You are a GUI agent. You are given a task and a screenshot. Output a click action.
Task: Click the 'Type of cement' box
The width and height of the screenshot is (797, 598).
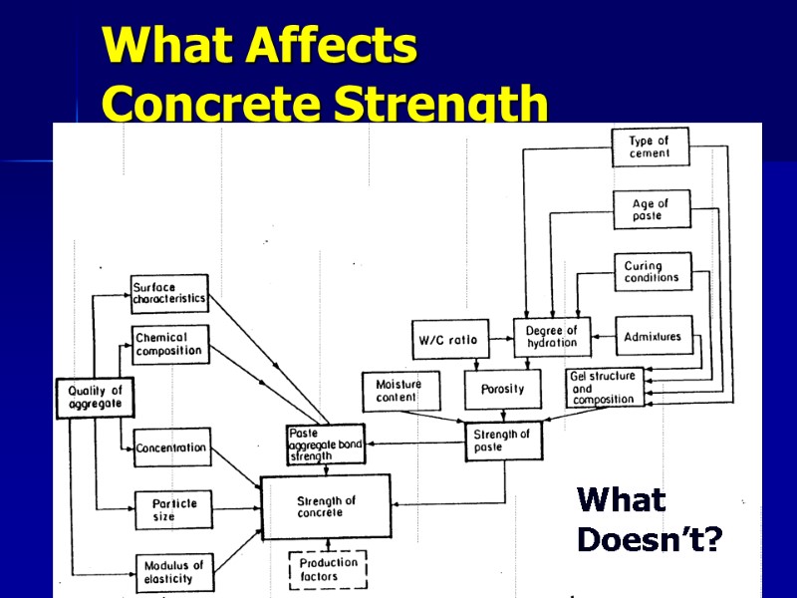[650, 149]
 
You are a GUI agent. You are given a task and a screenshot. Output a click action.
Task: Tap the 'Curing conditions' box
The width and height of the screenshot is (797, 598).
[652, 272]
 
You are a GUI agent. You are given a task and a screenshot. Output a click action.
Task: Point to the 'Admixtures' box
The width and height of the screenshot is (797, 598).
[653, 337]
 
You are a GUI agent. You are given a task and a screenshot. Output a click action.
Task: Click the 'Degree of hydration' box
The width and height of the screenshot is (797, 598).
[552, 337]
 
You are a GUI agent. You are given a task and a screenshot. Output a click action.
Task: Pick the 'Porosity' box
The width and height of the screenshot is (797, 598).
[502, 389]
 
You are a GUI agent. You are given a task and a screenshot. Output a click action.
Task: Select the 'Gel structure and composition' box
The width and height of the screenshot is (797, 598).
[603, 388]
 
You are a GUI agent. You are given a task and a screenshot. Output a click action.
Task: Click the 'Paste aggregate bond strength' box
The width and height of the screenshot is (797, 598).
[325, 445]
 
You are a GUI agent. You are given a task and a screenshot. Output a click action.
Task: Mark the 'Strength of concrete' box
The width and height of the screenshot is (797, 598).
[326, 507]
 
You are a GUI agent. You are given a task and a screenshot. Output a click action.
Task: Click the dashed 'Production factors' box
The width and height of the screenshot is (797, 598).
[328, 570]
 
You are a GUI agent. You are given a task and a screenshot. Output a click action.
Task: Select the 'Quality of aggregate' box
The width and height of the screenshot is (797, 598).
[95, 397]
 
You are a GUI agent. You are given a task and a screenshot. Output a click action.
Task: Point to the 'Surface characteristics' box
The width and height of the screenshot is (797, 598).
[169, 293]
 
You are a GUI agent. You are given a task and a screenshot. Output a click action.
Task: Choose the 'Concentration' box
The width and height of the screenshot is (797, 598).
[171, 448]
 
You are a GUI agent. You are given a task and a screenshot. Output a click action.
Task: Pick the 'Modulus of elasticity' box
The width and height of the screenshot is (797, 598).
[173, 571]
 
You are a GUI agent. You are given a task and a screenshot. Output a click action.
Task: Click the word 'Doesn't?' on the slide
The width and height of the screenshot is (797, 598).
[650, 541]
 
